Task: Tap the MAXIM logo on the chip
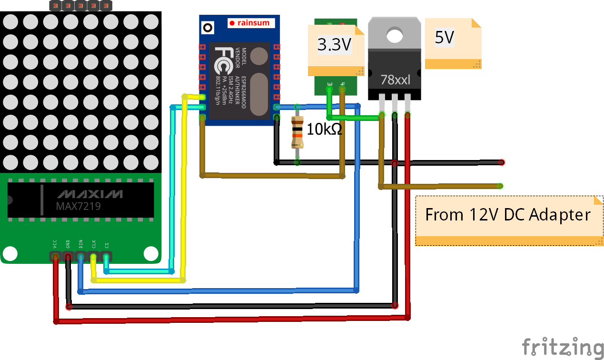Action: [x=90, y=194]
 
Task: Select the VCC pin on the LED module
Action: [x=56, y=257]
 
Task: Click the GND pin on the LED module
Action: [x=69, y=257]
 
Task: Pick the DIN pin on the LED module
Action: [x=81, y=257]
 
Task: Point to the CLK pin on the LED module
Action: [x=94, y=257]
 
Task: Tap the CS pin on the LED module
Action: [x=106, y=257]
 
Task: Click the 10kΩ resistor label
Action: [x=324, y=129]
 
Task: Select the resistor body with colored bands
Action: [x=297, y=133]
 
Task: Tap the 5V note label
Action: [x=445, y=38]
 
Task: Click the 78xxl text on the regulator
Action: [x=395, y=80]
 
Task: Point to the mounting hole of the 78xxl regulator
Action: [x=395, y=34]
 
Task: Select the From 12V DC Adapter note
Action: [x=508, y=215]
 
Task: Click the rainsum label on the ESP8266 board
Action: [x=250, y=22]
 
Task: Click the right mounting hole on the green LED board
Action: [x=151, y=252]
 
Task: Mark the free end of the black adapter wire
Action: [x=501, y=163]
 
